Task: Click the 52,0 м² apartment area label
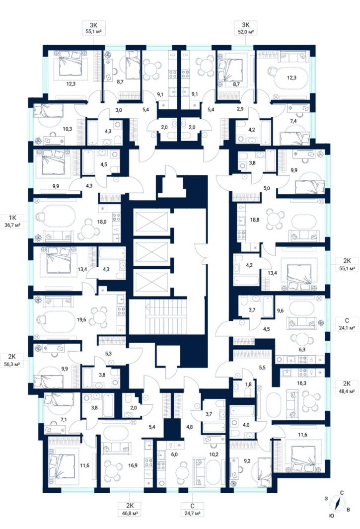[x=245, y=32]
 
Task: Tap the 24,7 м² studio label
[x=192, y=513]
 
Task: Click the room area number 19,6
[x=81, y=319]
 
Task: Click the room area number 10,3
[x=67, y=129]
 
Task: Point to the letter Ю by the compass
[x=332, y=516]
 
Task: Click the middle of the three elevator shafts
[x=151, y=252]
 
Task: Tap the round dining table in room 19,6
[x=100, y=316]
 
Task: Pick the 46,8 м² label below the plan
[x=130, y=513]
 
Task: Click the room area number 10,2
[x=214, y=454]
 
